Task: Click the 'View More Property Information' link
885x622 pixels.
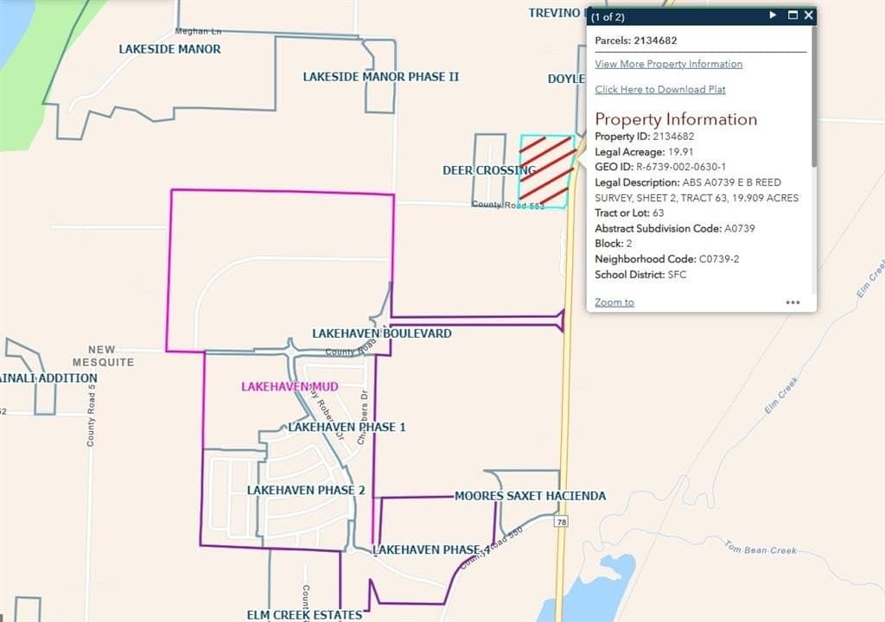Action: click(x=668, y=64)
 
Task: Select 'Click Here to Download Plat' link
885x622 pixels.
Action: click(x=660, y=90)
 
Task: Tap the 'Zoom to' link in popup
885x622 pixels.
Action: click(x=614, y=302)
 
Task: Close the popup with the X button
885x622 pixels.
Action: click(x=808, y=16)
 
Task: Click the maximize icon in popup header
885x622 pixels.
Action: click(x=792, y=16)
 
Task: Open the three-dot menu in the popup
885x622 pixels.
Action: click(x=793, y=302)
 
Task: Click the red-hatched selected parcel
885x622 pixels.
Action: click(x=546, y=170)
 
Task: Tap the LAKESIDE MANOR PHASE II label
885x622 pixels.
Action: click(x=380, y=77)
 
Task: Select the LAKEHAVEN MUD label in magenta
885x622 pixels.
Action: click(x=290, y=386)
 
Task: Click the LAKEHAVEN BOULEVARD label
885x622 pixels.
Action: click(x=381, y=333)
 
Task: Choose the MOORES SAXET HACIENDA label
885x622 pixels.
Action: click(x=530, y=496)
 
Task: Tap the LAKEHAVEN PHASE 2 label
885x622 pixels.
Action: click(x=306, y=490)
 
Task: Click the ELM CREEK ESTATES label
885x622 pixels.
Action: click(x=304, y=615)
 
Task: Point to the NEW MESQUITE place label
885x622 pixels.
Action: click(x=103, y=356)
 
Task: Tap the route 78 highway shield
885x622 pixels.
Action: click(x=562, y=522)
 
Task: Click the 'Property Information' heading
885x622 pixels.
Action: click(x=676, y=119)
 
